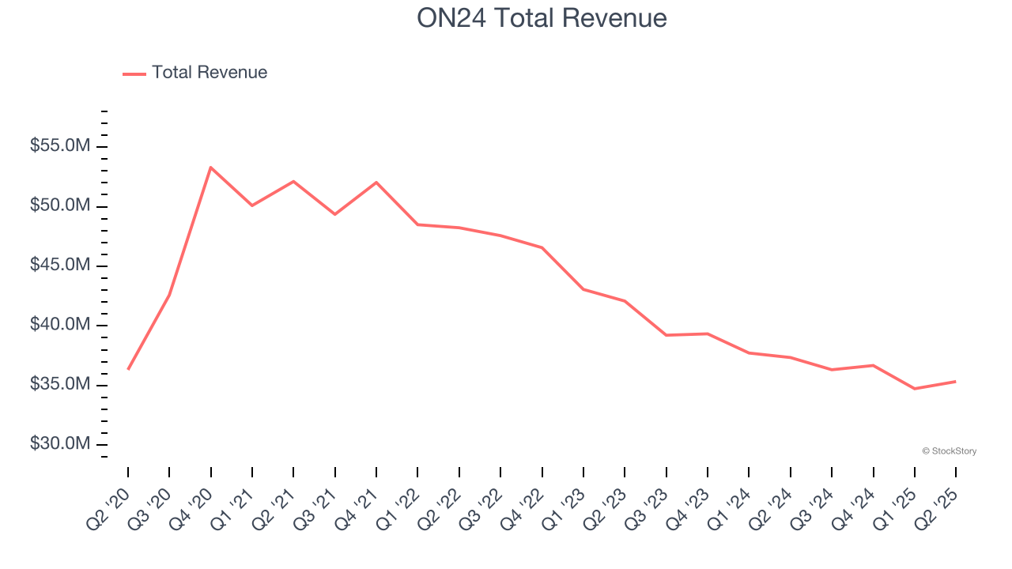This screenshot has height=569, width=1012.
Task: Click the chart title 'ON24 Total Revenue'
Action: coord(542,18)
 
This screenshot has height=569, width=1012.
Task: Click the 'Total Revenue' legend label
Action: coord(210,73)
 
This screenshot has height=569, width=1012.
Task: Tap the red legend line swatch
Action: coord(134,73)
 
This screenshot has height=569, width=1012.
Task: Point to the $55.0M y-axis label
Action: coord(60,147)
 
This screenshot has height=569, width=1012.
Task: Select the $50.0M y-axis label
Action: coord(60,206)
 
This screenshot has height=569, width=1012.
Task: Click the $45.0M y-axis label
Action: coord(60,266)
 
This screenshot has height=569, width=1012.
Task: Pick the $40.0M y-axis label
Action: coord(60,326)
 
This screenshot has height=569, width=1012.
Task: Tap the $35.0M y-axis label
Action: coord(60,385)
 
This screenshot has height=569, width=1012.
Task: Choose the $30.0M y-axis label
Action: coord(60,444)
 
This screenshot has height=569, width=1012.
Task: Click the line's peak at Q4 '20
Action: coord(210,168)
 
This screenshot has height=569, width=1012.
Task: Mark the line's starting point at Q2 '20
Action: coord(128,369)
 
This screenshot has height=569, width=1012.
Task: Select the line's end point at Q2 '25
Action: coord(955,382)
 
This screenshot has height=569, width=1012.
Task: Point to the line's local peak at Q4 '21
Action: coord(376,183)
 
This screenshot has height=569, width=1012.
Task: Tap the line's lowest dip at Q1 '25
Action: coord(914,389)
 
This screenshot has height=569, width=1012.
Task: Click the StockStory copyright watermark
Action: coord(949,451)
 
